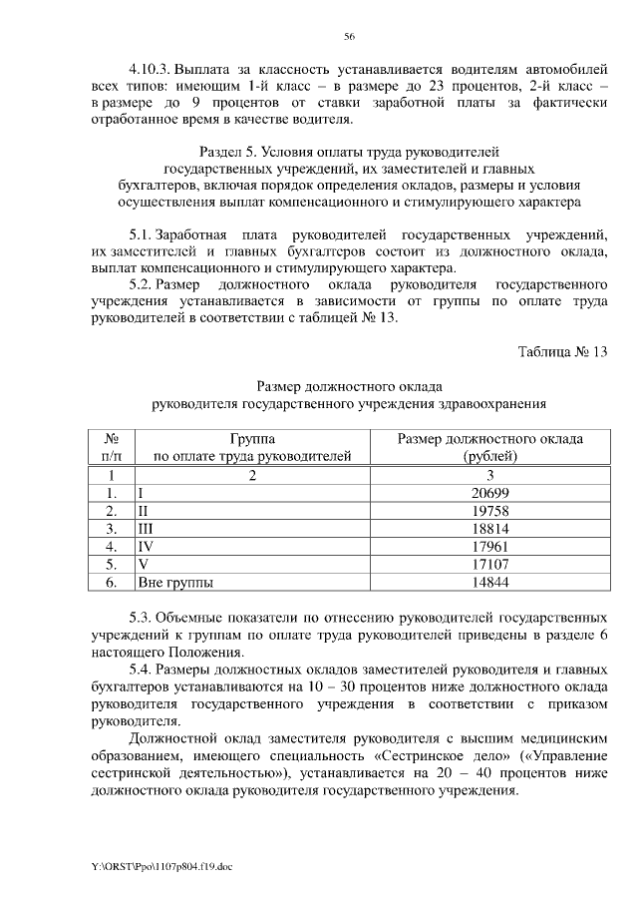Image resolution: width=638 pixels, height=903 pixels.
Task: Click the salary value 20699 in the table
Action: [x=489, y=493]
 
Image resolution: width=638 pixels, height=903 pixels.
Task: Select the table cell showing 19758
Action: [x=489, y=511]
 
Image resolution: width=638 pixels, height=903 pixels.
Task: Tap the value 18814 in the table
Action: [x=489, y=528]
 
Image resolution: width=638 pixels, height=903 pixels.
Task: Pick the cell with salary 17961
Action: [x=489, y=546]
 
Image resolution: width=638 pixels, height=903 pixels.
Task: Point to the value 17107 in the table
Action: [x=489, y=563]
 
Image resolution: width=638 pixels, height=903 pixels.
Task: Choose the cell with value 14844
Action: [x=489, y=581]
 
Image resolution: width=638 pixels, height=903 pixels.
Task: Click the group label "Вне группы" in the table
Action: [x=178, y=581]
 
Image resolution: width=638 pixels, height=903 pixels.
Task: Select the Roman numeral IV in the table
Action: [x=147, y=546]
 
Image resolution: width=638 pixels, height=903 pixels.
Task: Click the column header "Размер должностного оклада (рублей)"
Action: [x=489, y=448]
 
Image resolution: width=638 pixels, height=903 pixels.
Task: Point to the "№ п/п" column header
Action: [x=113, y=448]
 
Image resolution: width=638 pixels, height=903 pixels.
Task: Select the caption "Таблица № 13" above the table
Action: [x=562, y=350]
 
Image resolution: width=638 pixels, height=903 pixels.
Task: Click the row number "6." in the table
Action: [x=113, y=581]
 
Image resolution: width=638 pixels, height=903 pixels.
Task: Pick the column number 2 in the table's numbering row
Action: [x=252, y=476]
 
